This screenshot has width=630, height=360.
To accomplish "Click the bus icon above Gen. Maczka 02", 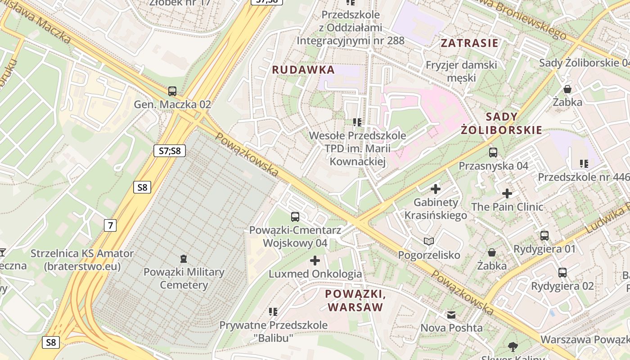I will [x=172, y=91].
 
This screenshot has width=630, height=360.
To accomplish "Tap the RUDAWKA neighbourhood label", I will [x=303, y=70].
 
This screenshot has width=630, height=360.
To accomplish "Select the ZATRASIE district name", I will [x=469, y=43].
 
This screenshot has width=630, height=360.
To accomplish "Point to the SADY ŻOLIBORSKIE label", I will [x=501, y=124].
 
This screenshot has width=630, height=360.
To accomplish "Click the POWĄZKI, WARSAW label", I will [x=355, y=301].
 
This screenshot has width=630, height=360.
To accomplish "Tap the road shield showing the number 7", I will [x=110, y=225].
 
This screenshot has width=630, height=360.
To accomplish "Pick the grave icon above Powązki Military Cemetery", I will [x=183, y=258].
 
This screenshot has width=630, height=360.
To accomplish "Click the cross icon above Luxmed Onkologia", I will [x=315, y=261].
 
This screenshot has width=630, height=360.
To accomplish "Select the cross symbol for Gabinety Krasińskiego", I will [x=435, y=189].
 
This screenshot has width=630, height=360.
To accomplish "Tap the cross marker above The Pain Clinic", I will [x=507, y=194].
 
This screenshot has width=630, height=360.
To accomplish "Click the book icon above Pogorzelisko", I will [x=429, y=242].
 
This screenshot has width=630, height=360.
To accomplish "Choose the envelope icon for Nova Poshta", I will [x=451, y=315].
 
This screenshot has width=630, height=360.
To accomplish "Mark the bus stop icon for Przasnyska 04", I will [x=493, y=153].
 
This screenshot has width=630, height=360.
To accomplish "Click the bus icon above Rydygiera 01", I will [x=544, y=235].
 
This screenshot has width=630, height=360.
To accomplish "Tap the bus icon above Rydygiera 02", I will [x=562, y=272].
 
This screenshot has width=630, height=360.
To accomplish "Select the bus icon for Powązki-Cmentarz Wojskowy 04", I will [x=295, y=217].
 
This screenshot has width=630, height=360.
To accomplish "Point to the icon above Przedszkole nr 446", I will [x=584, y=164].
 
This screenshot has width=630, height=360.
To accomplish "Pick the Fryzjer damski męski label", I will [x=462, y=71].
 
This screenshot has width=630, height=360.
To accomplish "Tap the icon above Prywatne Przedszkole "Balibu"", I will [x=273, y=311].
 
